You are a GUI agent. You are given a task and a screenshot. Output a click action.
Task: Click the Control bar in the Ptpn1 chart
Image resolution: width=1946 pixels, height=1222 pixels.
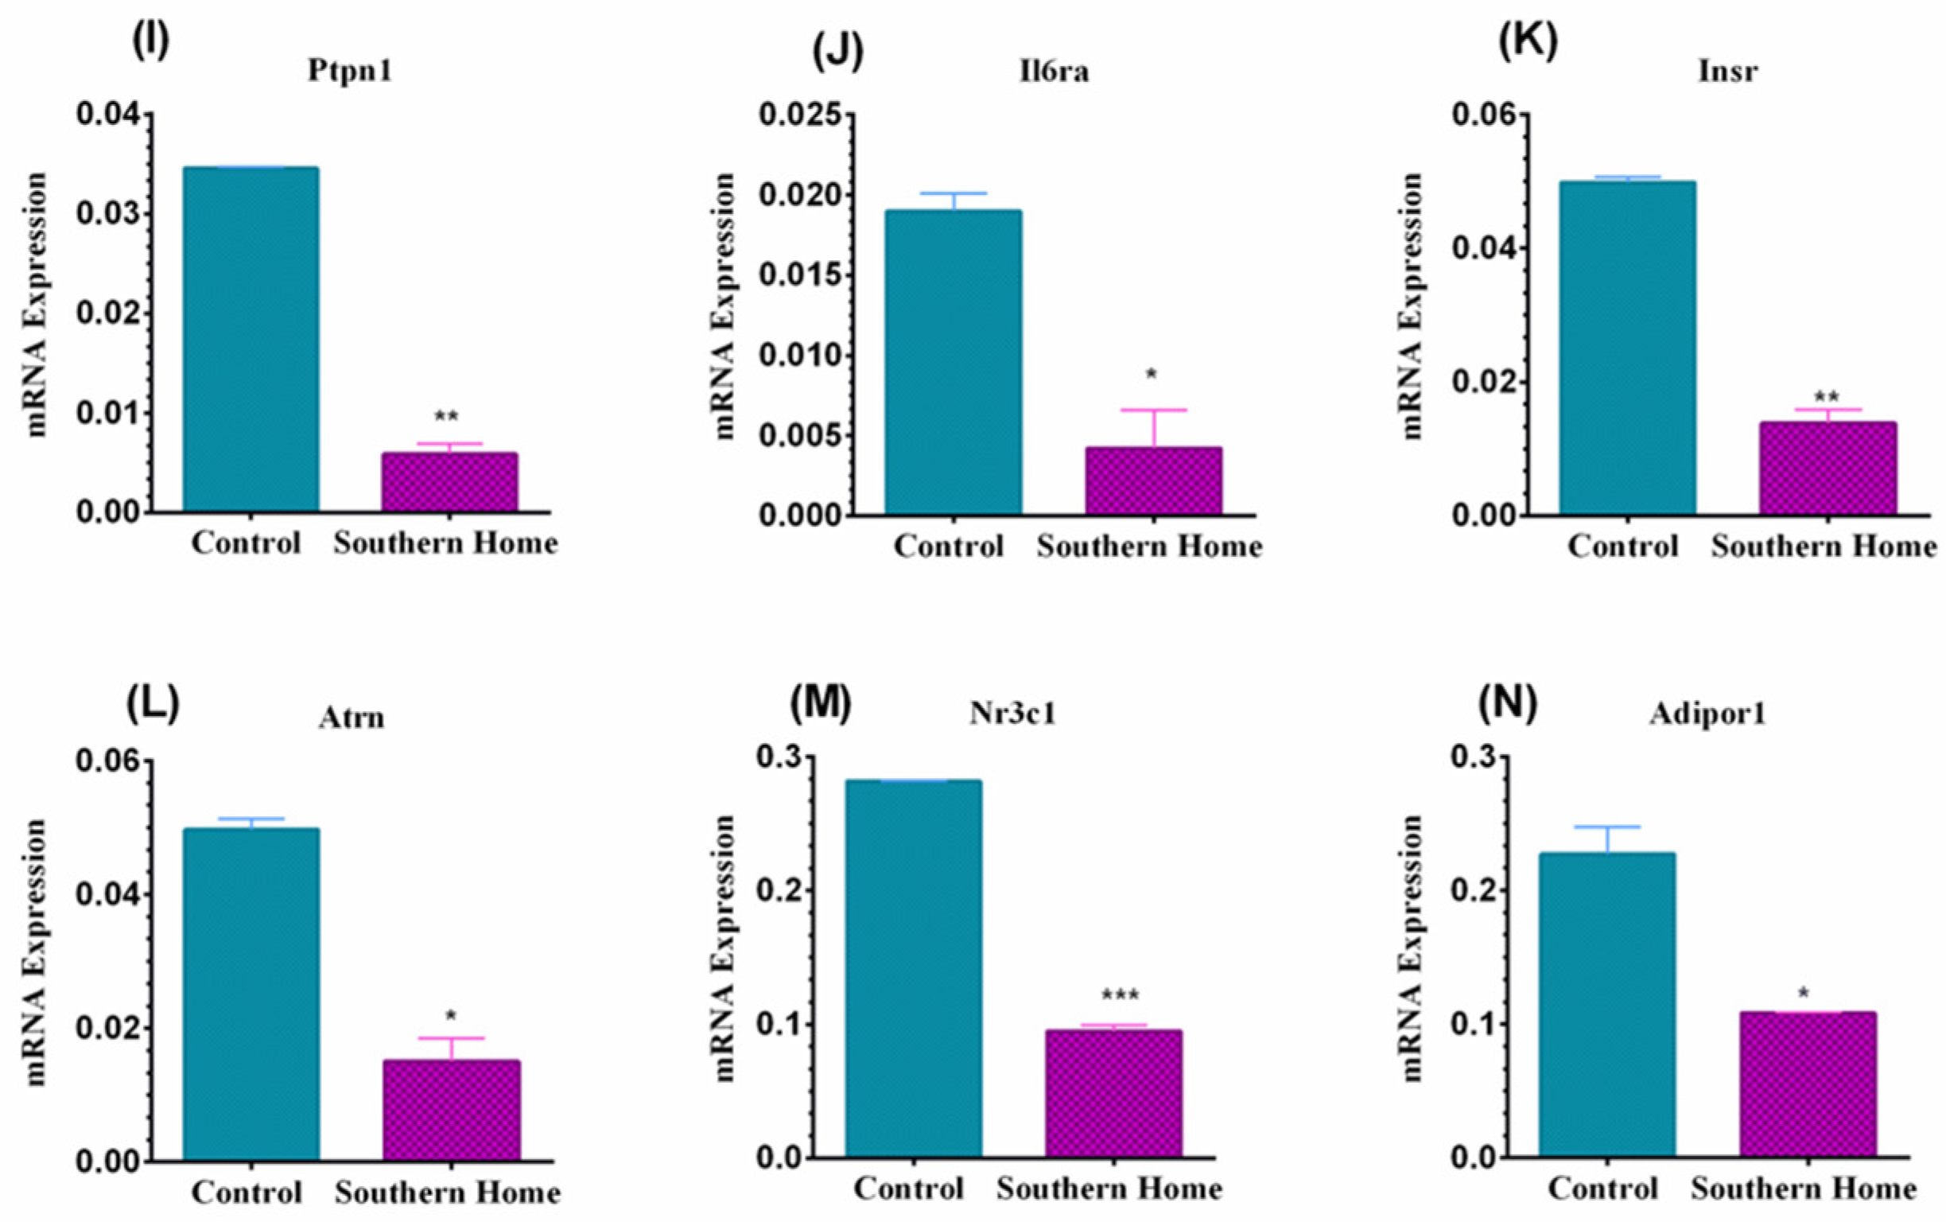tap(251, 340)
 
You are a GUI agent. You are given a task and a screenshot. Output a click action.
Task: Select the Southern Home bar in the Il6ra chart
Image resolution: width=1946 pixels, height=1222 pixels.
tap(1154, 481)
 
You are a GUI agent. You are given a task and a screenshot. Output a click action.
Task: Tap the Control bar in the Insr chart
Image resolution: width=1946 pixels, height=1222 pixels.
tap(1627, 348)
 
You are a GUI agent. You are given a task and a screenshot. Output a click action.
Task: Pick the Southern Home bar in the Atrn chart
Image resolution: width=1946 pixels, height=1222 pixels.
tap(452, 1111)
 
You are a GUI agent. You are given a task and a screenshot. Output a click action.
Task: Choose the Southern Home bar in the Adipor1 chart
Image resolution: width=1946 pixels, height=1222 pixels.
tap(1808, 1084)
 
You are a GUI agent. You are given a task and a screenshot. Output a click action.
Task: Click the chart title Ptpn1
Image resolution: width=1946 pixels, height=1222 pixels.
tap(350, 71)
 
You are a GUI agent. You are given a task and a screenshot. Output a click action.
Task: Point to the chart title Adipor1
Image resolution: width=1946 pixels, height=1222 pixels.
tap(1707, 714)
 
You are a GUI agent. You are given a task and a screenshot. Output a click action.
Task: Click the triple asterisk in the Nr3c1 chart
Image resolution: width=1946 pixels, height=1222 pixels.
tap(1120, 996)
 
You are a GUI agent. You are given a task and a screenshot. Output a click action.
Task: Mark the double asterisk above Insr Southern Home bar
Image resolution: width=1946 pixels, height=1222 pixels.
tap(1827, 397)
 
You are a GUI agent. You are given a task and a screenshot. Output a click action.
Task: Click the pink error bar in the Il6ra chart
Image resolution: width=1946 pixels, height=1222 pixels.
tap(1154, 427)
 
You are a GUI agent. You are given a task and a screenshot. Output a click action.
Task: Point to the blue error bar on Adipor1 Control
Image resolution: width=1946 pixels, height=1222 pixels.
tap(1606, 839)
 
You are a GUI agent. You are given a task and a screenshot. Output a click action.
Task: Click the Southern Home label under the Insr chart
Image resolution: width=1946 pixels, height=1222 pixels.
tap(1824, 547)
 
